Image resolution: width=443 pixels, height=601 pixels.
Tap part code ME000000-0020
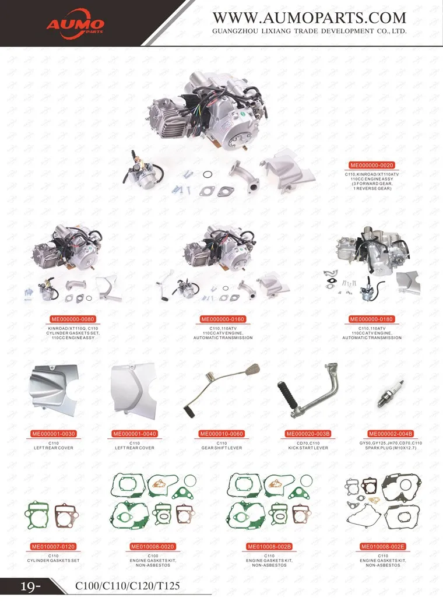click(372, 165)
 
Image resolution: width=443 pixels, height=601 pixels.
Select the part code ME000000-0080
click(73, 319)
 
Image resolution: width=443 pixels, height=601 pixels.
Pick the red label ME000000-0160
click(223, 319)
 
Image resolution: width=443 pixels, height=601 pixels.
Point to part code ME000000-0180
click(371, 319)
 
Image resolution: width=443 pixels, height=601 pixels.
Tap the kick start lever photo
click(308, 391)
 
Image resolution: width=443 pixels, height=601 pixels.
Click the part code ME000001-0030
click(54, 434)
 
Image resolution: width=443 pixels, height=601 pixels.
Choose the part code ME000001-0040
click(135, 434)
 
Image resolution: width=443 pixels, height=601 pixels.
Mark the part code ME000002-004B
click(391, 434)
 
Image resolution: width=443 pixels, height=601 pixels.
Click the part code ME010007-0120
click(54, 546)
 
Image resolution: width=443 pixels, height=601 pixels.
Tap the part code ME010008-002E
click(383, 546)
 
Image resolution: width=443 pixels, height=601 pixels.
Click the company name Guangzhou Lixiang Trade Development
click(309, 31)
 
